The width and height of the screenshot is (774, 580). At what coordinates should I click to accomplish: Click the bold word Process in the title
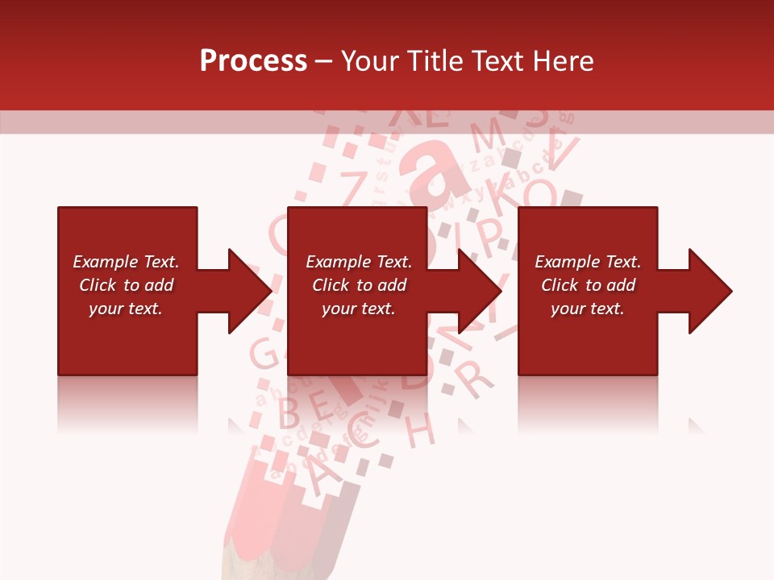[253, 61]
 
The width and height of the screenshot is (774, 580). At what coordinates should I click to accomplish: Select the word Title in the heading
[434, 61]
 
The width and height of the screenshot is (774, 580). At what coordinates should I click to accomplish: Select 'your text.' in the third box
[587, 309]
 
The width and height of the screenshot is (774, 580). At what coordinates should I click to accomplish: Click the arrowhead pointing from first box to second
[249, 291]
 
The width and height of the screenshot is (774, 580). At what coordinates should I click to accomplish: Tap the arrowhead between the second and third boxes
[479, 291]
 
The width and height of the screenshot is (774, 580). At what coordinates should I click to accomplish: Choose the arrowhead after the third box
[709, 291]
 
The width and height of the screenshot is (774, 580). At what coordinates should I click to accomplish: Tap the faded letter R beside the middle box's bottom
[475, 377]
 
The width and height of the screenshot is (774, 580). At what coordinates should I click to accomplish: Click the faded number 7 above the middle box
[352, 187]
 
